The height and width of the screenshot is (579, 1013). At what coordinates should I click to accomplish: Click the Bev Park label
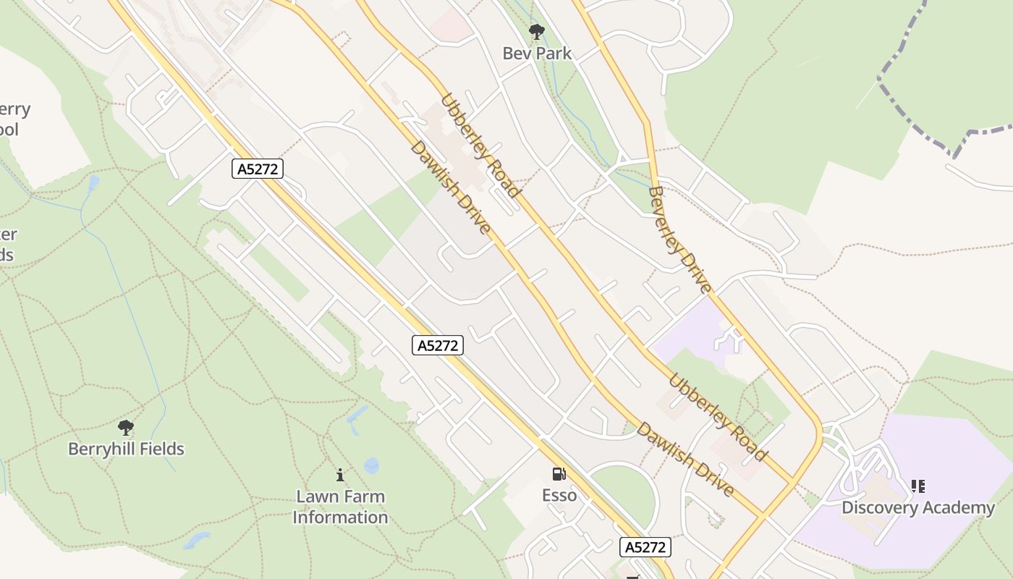click(537, 53)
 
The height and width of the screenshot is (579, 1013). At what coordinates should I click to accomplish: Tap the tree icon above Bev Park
click(536, 31)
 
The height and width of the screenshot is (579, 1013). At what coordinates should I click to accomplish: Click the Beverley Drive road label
click(678, 240)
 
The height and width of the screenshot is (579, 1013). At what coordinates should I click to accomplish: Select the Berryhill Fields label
click(126, 449)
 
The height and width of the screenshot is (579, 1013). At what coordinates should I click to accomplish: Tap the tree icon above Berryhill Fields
click(126, 427)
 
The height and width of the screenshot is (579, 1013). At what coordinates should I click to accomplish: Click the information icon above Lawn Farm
click(340, 476)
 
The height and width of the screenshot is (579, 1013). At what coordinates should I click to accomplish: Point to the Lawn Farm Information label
click(340, 507)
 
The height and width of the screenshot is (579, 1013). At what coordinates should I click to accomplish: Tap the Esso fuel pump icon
click(559, 474)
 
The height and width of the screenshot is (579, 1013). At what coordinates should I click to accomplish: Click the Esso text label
click(559, 495)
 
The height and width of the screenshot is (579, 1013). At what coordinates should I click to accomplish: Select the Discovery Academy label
click(917, 507)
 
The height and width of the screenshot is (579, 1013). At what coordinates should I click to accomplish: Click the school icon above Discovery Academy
click(917, 486)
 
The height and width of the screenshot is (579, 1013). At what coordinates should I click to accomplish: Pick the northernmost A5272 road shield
click(257, 169)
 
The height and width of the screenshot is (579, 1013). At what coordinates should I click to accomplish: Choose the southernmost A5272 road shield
click(645, 547)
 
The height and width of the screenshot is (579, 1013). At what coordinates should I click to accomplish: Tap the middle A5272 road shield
click(438, 345)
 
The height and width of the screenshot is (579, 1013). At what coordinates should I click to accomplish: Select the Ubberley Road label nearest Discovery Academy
click(717, 417)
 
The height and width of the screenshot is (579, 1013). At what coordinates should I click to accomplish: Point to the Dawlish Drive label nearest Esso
click(684, 459)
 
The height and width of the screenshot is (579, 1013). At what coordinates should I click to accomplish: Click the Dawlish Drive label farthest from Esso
click(450, 187)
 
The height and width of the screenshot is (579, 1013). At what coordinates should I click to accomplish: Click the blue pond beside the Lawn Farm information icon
click(371, 465)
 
